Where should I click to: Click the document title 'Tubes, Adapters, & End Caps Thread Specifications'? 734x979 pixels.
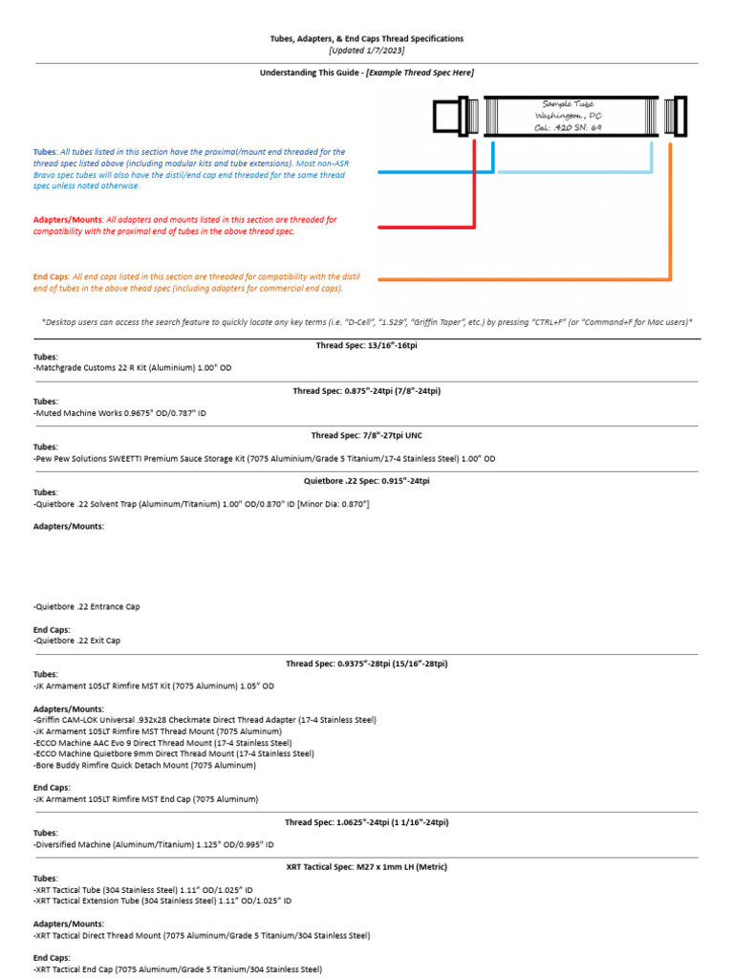367,39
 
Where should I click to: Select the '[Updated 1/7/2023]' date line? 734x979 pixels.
367,50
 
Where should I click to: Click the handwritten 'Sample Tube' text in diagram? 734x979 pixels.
568,103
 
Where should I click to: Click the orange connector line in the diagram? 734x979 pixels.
526,279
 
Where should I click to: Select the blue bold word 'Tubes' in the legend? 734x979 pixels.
45,152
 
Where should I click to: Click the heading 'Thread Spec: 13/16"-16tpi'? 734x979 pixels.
367,345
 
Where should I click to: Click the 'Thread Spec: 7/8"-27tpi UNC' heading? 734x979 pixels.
367,435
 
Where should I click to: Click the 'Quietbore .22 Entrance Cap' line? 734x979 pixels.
93,606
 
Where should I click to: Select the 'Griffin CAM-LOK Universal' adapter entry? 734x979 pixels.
205,719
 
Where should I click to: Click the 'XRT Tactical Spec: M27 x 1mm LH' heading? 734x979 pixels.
367,867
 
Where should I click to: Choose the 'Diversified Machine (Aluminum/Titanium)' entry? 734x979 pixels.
153,844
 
